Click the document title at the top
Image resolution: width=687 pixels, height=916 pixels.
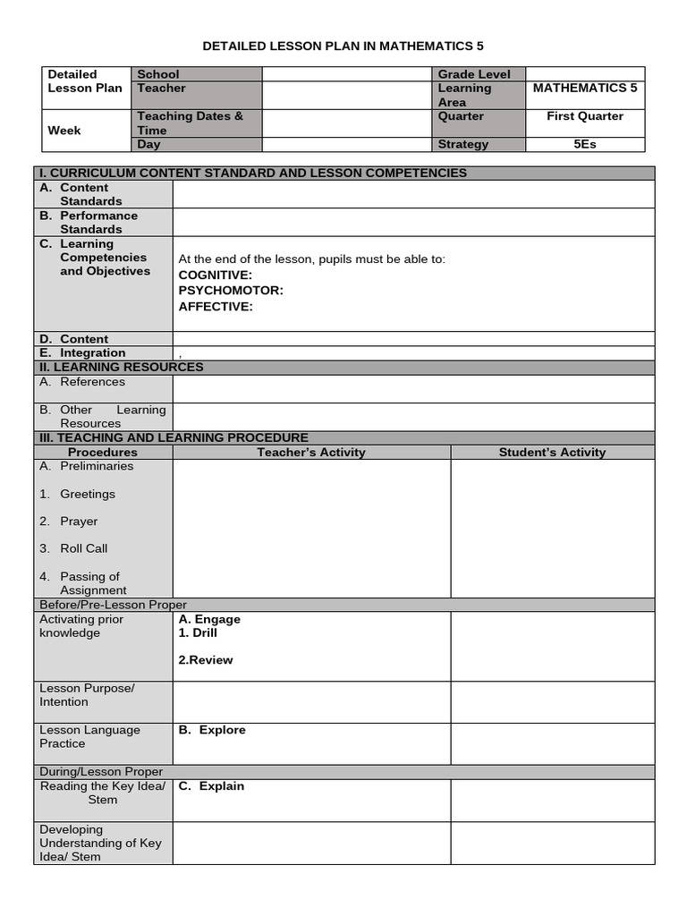tap(343, 46)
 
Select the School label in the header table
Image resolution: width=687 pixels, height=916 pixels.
tap(157, 74)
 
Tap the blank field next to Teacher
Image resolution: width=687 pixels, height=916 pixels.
tap(348, 95)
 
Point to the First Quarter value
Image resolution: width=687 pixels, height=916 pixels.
tap(585, 116)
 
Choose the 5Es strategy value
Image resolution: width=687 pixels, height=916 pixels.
tap(585, 144)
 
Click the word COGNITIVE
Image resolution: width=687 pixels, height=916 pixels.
tap(216, 275)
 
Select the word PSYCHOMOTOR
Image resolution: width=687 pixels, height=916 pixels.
tap(231, 291)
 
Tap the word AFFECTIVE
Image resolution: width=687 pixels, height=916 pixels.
tap(216, 307)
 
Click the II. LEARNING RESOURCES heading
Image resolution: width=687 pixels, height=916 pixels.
tap(121, 367)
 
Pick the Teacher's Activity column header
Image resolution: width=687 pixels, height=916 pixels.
tap(311, 453)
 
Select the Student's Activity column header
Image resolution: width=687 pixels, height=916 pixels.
tap(552, 453)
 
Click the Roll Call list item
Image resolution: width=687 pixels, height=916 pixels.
tap(83, 548)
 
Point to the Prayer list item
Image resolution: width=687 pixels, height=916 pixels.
tap(79, 522)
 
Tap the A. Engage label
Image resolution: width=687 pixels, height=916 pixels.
tap(209, 619)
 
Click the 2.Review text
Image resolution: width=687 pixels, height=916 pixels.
tap(206, 660)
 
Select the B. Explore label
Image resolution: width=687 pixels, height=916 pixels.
tap(212, 730)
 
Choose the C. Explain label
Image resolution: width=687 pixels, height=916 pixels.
tap(211, 786)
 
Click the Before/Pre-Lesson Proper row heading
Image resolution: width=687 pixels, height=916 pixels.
tap(114, 605)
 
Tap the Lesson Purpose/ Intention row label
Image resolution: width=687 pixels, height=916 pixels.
tap(87, 695)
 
